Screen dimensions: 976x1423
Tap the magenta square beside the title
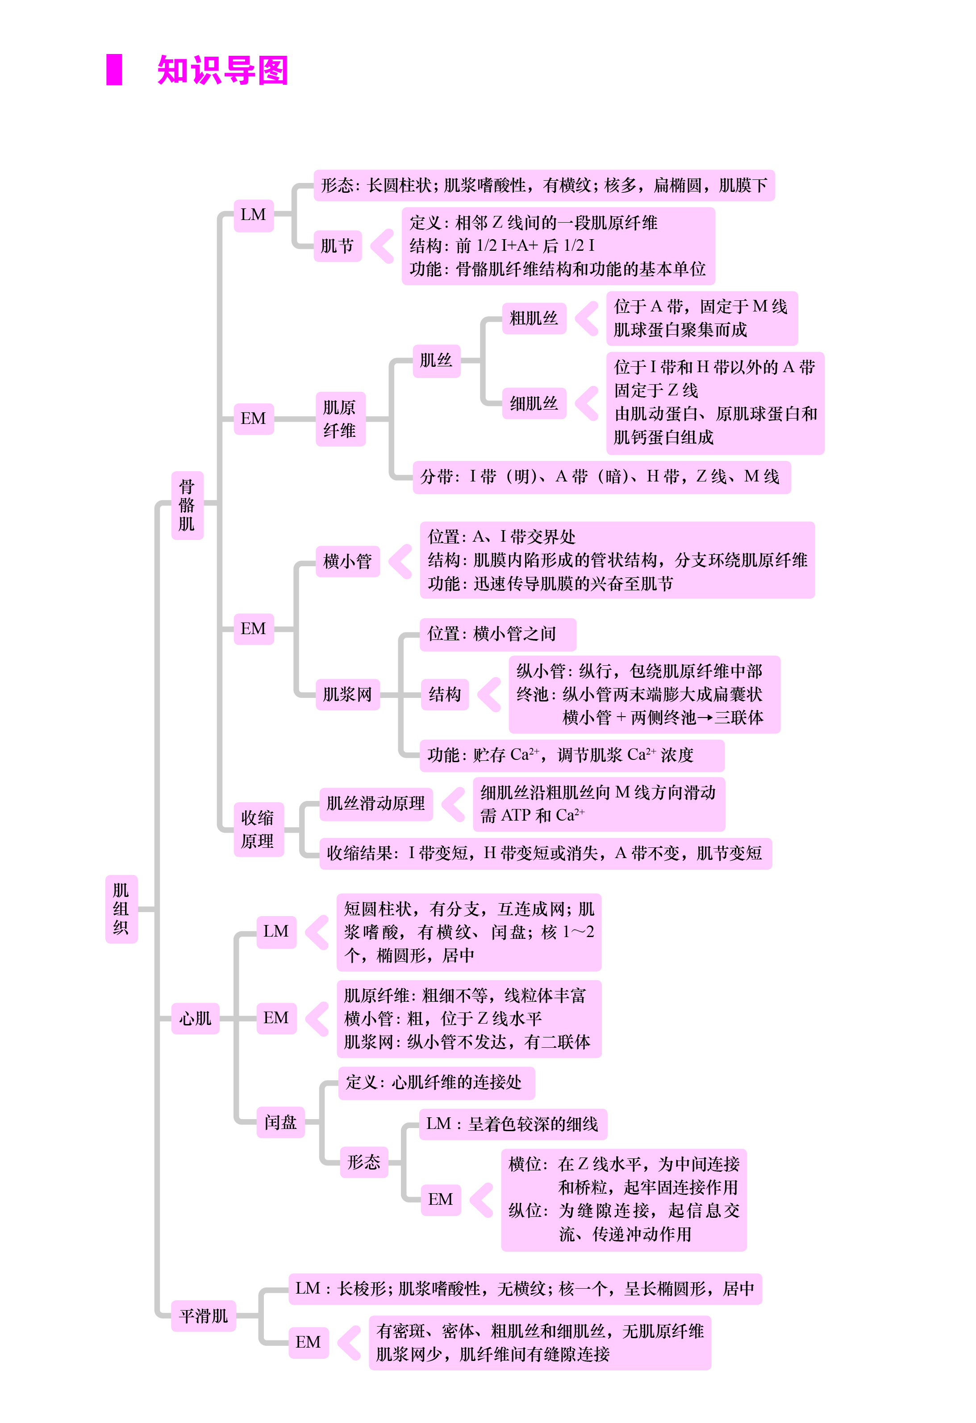pos(114,70)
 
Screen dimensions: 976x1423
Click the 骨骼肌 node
pos(187,505)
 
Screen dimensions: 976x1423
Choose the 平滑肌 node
pos(204,1316)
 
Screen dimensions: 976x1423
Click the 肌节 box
pos(338,246)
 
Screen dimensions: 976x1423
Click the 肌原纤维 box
pos(341,419)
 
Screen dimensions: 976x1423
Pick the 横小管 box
pos(348,561)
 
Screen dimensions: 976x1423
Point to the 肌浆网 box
pos(348,694)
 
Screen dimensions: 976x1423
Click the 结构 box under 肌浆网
pos(445,694)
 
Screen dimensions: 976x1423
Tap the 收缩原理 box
pos(259,829)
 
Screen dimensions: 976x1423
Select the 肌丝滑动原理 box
pos(376,804)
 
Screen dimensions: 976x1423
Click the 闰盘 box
pos(280,1122)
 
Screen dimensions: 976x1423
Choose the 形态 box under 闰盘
pos(364,1162)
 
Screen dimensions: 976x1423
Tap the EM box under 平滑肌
pos(308,1342)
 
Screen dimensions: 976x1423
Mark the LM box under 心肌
pos(276,932)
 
